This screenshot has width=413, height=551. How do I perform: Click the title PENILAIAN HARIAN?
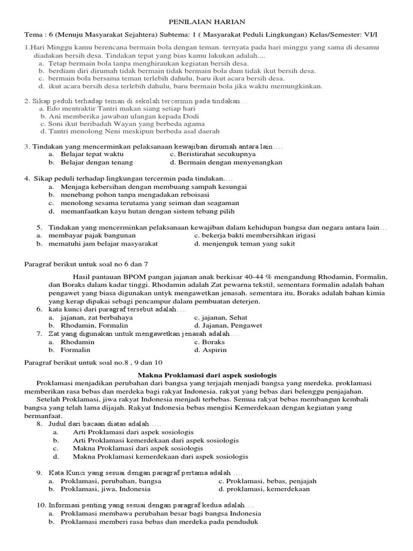pyautogui.click(x=207, y=22)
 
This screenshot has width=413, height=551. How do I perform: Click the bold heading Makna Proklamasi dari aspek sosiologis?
pyautogui.click(x=207, y=375)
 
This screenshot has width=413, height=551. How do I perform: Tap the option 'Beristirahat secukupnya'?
pyautogui.click(x=205, y=154)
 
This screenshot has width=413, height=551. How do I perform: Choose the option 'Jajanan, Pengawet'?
pyautogui.click(x=228, y=326)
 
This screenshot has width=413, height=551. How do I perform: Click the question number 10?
pyautogui.click(x=41, y=506)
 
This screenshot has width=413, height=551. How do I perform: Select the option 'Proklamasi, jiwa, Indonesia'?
pyautogui.click(x=105, y=489)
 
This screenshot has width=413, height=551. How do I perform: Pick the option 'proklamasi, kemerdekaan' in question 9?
pyautogui.click(x=264, y=489)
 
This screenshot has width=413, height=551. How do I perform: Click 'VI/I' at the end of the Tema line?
pyautogui.click(x=371, y=35)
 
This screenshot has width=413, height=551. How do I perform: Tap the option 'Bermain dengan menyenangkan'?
pyautogui.click(x=226, y=162)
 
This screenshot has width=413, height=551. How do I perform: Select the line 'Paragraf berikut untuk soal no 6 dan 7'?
pyautogui.click(x=87, y=264)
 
